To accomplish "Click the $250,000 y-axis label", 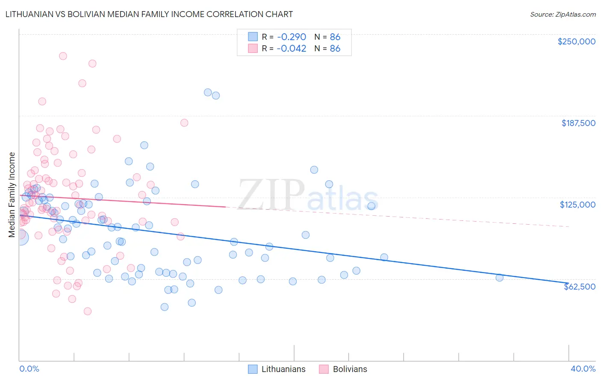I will click(576, 41).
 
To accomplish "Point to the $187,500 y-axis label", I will click(578, 123).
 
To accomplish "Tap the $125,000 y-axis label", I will click(577, 205).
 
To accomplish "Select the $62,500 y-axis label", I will click(580, 287).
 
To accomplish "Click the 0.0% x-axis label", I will click(29, 369).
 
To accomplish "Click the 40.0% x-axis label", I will click(583, 369).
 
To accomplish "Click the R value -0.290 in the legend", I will click(291, 37).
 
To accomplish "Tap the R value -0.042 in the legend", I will click(291, 48).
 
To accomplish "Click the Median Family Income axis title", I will click(12, 195).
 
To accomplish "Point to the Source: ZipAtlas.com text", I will click(563, 14).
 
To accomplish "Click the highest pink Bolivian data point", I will click(63, 56).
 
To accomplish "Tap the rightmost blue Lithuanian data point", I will click(499, 278).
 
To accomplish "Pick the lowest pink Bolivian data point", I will click(88, 311).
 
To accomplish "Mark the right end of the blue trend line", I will click(568, 283).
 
